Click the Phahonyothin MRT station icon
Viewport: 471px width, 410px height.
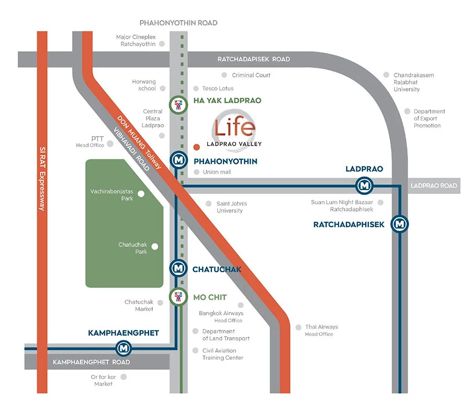(179, 160)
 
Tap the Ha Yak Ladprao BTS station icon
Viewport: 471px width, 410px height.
(178, 105)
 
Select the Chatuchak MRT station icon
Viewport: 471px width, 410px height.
(179, 268)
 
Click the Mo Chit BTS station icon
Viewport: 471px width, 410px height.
(178, 297)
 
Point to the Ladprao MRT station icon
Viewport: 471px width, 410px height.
(364, 185)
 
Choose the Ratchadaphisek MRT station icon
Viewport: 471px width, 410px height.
(399, 224)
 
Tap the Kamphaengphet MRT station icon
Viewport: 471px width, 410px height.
(124, 348)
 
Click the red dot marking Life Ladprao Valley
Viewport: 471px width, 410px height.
(196, 147)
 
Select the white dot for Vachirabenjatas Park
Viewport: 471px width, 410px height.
(141, 194)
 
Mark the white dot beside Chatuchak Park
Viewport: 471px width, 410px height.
(155, 247)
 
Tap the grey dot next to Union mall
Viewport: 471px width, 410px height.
(197, 172)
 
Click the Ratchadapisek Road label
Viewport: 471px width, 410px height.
(254, 59)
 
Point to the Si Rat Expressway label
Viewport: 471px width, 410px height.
(42, 179)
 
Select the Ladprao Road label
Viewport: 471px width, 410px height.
(434, 185)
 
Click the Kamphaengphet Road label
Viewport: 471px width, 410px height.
(91, 362)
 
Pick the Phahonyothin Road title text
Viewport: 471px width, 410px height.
(178, 23)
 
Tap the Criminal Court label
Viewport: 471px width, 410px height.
(251, 75)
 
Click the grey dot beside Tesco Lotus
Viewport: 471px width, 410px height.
(196, 88)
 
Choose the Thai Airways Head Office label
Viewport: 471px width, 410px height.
(321, 330)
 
